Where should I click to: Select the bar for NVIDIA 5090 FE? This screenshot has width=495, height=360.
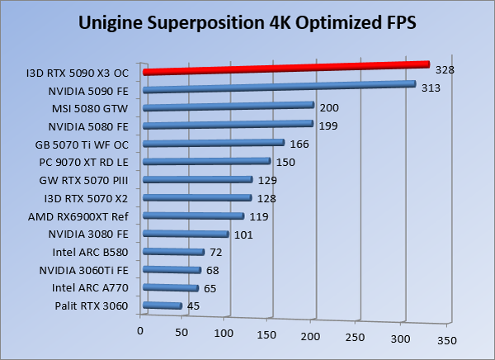tap(280, 87)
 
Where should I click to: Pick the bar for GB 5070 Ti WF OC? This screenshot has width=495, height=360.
tap(214, 144)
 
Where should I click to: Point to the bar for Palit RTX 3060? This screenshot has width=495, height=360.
tap(163, 306)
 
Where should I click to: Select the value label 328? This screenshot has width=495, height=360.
tap(445, 70)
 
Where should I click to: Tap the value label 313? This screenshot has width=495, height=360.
tap(430, 88)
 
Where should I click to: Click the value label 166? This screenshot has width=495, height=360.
tap(299, 144)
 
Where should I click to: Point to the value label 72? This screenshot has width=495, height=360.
tap(217, 251)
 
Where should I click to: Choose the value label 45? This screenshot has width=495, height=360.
tap(194, 306)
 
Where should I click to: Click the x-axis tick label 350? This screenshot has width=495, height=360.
tap(446, 339)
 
